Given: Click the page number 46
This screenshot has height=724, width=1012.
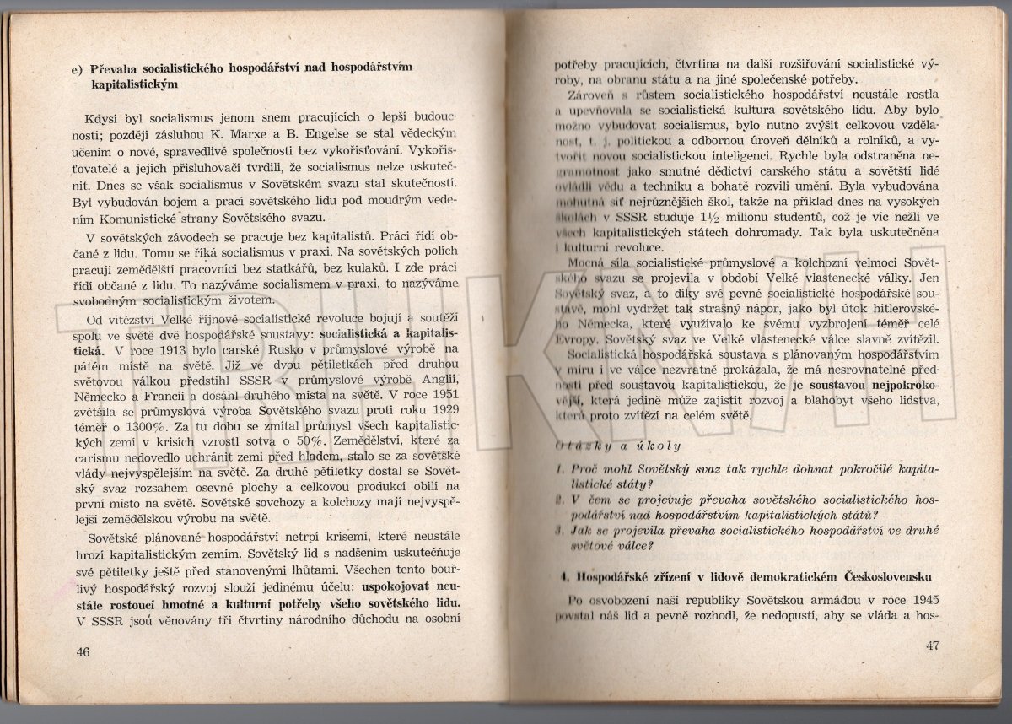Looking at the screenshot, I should [x=83, y=651].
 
